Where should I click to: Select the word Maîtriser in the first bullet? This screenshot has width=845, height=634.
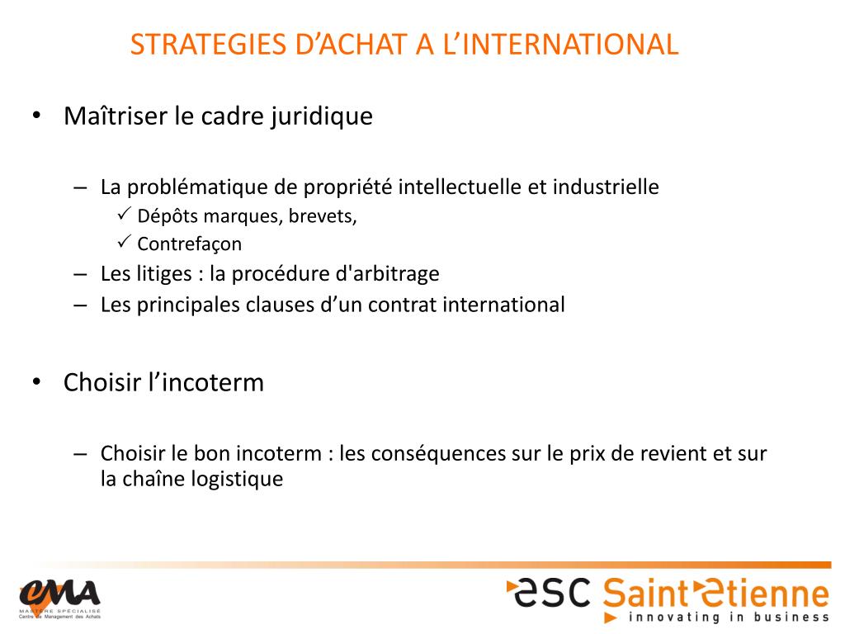(x=115, y=116)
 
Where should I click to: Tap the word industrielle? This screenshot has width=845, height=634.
(x=606, y=187)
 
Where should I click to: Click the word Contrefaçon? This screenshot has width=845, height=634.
(x=190, y=244)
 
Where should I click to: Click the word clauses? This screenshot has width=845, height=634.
(x=280, y=305)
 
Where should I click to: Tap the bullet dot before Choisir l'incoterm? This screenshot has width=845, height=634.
(x=36, y=383)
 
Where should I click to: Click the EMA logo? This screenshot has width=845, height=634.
(x=59, y=595)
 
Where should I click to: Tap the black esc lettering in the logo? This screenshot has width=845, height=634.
(x=552, y=590)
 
